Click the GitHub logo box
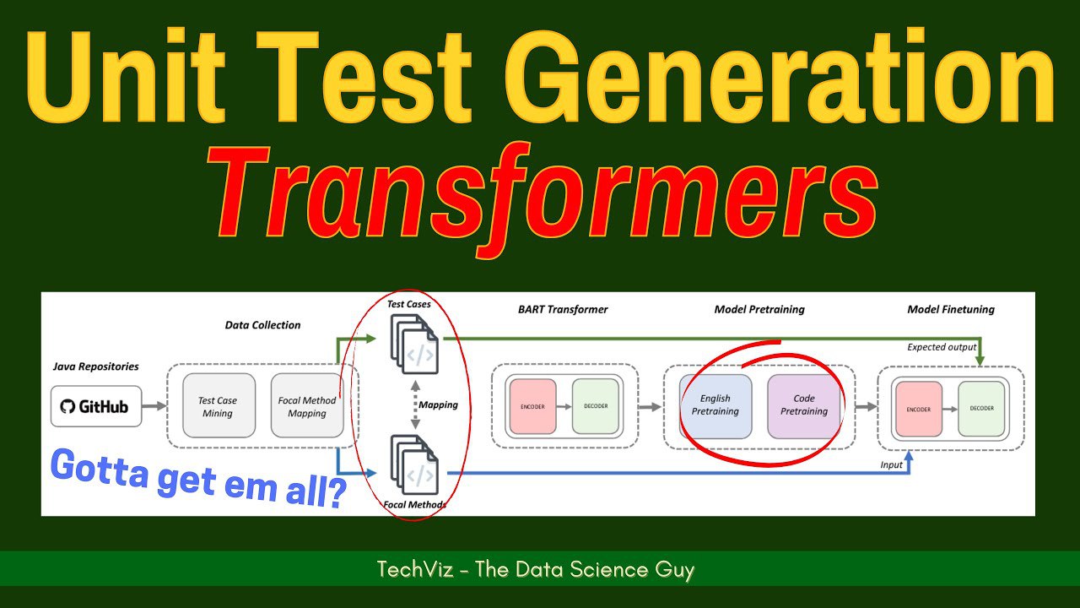coord(96,406)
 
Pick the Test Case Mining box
coord(219,405)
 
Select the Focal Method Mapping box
coord(307,405)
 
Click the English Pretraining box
coord(715,406)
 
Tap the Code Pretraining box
coord(804,406)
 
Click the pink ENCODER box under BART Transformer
coord(532,406)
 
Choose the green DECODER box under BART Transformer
coord(596,406)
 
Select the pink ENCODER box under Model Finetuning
coord(919,409)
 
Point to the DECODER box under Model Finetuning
coord(981,409)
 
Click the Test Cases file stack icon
coord(414,344)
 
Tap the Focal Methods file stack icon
coord(414,464)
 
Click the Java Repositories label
coord(95,366)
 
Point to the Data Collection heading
coord(262,325)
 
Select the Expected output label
coord(942,347)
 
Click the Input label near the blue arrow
coord(891,464)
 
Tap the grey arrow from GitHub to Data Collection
coord(154,406)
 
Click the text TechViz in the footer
coord(415,569)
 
